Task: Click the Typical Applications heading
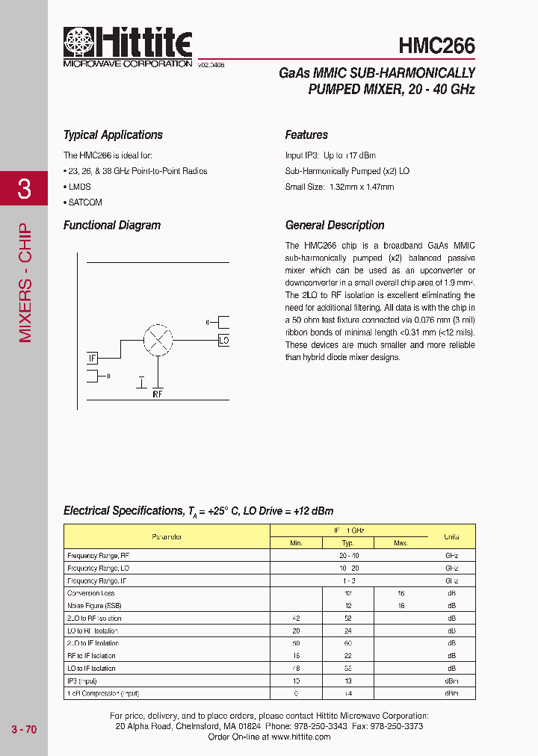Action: (x=113, y=135)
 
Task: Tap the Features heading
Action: (x=306, y=135)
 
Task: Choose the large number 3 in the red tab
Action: (x=24, y=189)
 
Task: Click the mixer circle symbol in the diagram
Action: (x=158, y=338)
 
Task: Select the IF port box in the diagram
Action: (x=93, y=359)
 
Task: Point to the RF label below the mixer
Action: (x=158, y=393)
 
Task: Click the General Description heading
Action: (x=335, y=226)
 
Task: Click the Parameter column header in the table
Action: (x=167, y=536)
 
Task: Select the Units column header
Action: (x=451, y=536)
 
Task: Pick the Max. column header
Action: (x=401, y=543)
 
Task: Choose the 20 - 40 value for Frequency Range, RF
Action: (x=348, y=556)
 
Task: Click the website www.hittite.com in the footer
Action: (x=301, y=737)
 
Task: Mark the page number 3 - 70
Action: (x=24, y=729)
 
